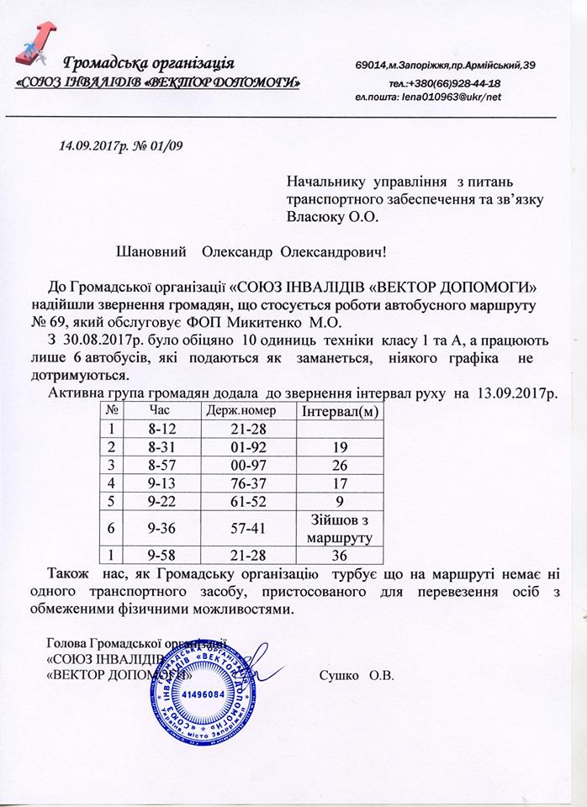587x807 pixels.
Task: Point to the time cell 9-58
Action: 161,556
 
